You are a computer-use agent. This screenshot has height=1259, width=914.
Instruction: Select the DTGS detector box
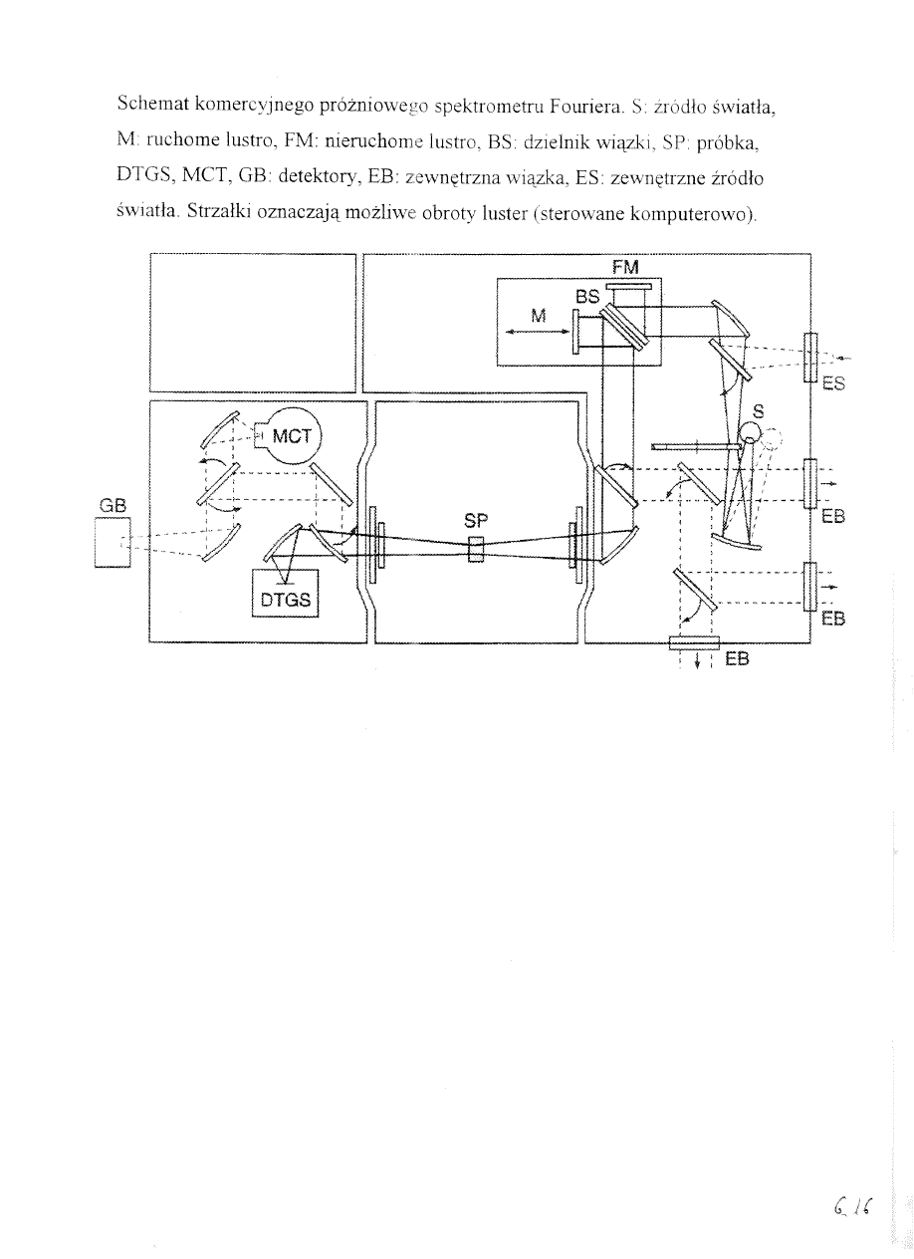(x=285, y=594)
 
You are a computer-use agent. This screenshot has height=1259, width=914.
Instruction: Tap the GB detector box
(x=113, y=543)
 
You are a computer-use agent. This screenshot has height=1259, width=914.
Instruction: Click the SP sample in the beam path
(x=475, y=550)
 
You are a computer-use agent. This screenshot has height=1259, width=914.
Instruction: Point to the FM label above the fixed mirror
(x=625, y=268)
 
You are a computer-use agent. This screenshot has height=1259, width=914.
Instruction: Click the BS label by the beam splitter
(x=587, y=296)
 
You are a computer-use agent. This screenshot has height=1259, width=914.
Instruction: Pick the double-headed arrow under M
(x=538, y=332)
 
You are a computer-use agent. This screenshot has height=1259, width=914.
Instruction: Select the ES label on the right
(x=833, y=383)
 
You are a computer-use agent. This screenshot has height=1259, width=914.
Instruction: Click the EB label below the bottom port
(x=737, y=658)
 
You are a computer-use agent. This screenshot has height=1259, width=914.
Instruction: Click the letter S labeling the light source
(x=758, y=411)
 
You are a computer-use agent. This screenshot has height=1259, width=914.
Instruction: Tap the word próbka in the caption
(x=728, y=143)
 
